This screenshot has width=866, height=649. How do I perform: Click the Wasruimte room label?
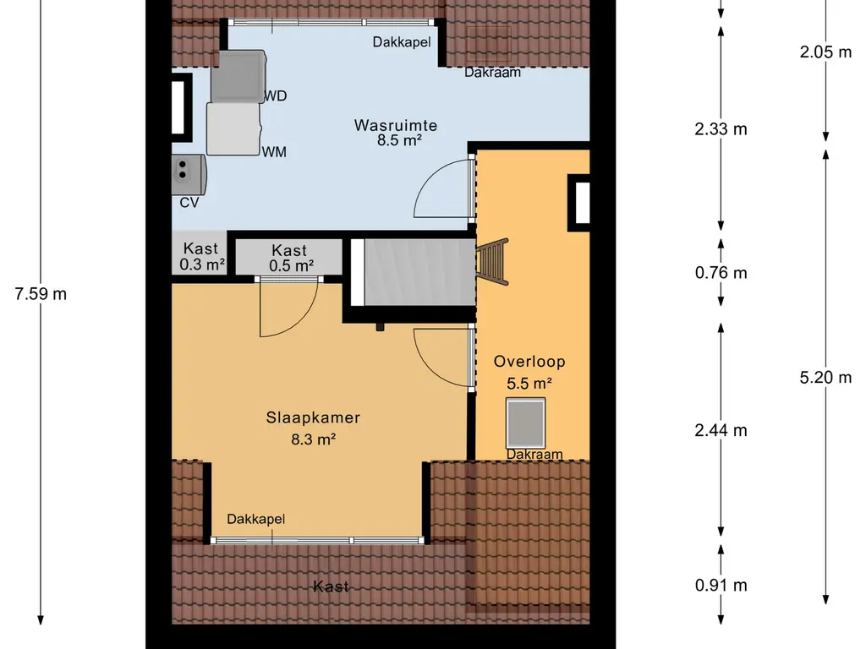396,125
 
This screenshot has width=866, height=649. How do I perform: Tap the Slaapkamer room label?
313,417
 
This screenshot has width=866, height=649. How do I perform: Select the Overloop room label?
529,362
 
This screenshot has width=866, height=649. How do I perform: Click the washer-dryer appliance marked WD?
238,76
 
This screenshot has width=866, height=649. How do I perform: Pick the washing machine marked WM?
233,128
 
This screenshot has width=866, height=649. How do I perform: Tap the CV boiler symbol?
189,174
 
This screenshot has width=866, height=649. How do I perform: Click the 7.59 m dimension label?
41,293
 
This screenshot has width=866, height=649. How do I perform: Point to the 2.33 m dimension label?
721,129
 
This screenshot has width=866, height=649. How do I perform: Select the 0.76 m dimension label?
721,273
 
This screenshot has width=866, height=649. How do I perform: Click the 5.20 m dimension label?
825,378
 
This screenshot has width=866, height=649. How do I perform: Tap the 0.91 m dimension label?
721,585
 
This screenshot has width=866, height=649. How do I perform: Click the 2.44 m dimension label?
721,430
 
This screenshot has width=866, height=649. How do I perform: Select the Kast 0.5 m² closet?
289,257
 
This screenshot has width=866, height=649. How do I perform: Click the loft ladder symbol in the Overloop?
492,262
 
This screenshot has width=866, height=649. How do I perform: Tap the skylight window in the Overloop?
526,423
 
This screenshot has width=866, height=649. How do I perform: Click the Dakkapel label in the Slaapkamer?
255,519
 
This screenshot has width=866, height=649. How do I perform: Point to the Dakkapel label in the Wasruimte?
402,42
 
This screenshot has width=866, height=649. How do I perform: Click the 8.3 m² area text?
313,439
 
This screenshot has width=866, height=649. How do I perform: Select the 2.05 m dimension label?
825,52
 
